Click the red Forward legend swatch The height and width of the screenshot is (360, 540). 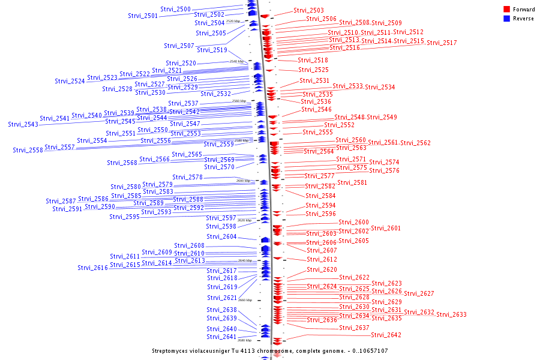coord(506,10)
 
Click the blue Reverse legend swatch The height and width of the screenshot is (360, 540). coord(506,19)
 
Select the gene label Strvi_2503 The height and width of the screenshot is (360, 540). coord(308,11)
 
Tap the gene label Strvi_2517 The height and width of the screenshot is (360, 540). coord(442,43)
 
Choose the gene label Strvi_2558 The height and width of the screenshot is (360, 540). coord(28,150)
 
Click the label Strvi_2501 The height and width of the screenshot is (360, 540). coord(143,16)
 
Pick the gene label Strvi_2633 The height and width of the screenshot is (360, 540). coord(451,314)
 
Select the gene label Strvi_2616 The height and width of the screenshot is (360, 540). coord(92,268)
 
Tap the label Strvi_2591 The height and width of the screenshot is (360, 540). coord(67,209)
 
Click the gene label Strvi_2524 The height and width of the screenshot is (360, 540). coord(70,81)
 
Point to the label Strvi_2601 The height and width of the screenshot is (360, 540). coord(386,228)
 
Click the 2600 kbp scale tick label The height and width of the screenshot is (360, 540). coord(243,181)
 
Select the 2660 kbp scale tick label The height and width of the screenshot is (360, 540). coord(245,300)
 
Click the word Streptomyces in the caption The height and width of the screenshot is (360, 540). coord(173,351)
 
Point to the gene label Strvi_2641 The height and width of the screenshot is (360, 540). coord(221,337)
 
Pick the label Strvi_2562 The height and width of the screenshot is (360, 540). coord(415,143)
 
